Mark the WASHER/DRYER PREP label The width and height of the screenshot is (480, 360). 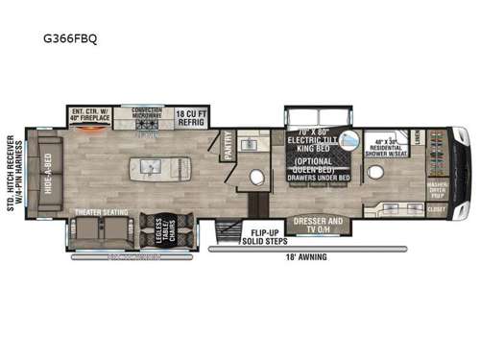(438, 192)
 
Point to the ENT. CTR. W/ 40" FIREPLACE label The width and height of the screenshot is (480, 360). (92, 113)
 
